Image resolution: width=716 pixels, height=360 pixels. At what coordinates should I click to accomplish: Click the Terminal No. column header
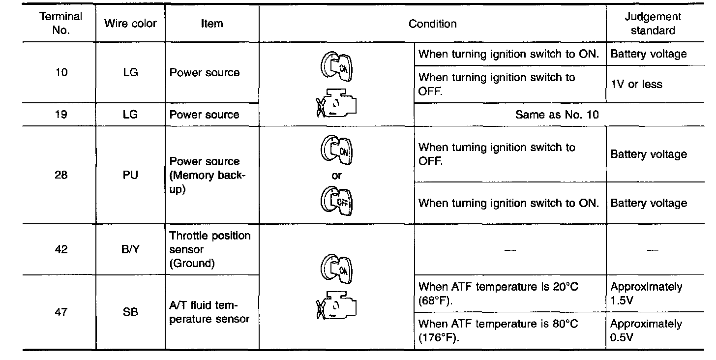(x=60, y=23)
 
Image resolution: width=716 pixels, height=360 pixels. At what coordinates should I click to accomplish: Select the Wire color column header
(x=130, y=23)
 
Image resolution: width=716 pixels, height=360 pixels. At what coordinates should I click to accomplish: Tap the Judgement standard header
(x=653, y=23)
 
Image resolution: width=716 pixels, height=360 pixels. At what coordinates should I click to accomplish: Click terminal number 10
(x=61, y=72)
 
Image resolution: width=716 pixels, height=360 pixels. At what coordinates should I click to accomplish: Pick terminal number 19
(x=61, y=115)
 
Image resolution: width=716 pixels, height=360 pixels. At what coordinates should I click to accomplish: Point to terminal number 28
(x=61, y=175)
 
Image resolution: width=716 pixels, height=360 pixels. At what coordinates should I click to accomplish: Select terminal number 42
(x=61, y=249)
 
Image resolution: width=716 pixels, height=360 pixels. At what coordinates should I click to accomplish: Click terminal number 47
(x=61, y=312)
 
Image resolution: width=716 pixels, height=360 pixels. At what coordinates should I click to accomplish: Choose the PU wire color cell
(x=130, y=175)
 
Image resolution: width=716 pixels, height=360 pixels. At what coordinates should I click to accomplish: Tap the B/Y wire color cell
(x=130, y=249)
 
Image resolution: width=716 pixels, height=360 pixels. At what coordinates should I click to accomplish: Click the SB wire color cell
(x=130, y=312)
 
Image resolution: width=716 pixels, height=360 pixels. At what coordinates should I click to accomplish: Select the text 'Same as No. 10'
(x=557, y=115)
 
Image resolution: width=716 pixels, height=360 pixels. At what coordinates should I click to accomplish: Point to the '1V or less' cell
(x=636, y=84)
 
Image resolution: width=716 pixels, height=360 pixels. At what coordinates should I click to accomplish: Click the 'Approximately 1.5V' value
(x=646, y=293)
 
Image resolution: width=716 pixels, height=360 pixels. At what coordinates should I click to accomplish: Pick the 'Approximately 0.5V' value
(x=646, y=330)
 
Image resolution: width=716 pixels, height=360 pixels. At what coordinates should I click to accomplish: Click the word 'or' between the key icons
(x=337, y=176)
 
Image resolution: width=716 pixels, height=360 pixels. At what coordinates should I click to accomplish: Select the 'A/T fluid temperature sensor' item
(x=209, y=312)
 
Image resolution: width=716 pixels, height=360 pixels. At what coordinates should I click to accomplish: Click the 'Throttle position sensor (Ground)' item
(x=210, y=249)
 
